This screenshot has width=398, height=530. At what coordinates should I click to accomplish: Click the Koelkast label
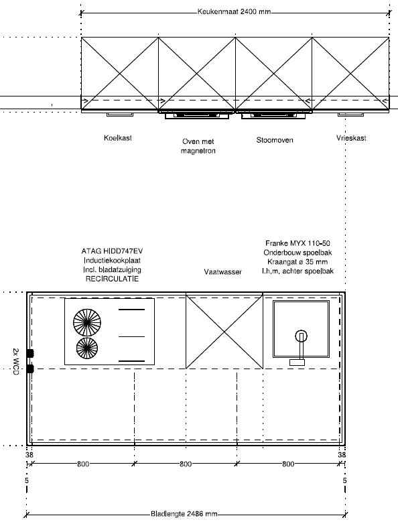(118, 138)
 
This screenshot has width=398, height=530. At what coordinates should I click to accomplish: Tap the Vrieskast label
(351, 138)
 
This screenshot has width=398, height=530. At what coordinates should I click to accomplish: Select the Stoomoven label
(275, 140)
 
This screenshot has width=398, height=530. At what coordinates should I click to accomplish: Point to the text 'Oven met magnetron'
(198, 146)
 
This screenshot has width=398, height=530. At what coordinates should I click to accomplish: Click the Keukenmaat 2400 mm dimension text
(234, 12)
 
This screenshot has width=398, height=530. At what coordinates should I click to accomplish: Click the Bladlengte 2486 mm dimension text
(184, 514)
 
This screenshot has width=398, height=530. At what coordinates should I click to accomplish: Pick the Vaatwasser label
(223, 272)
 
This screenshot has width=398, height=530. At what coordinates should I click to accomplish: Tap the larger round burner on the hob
(87, 322)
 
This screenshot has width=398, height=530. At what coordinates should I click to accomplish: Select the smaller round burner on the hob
(87, 348)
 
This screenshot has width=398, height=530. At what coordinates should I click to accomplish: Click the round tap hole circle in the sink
(301, 336)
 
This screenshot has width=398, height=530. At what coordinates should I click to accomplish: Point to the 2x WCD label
(15, 361)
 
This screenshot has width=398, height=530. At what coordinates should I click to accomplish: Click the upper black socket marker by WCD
(30, 353)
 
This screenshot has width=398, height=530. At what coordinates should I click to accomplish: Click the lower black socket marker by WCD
(30, 369)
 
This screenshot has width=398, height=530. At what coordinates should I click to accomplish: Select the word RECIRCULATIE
(112, 279)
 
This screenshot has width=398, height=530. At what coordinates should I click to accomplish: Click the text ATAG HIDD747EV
(112, 251)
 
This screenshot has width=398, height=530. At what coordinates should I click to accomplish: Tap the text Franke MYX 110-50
(297, 243)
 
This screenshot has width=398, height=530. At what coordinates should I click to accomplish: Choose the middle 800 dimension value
(186, 464)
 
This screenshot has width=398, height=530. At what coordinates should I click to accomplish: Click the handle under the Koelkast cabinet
(120, 115)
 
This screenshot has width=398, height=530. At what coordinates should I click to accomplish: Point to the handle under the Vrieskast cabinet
(351, 115)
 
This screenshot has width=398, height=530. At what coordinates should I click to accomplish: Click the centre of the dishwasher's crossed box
(224, 332)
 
